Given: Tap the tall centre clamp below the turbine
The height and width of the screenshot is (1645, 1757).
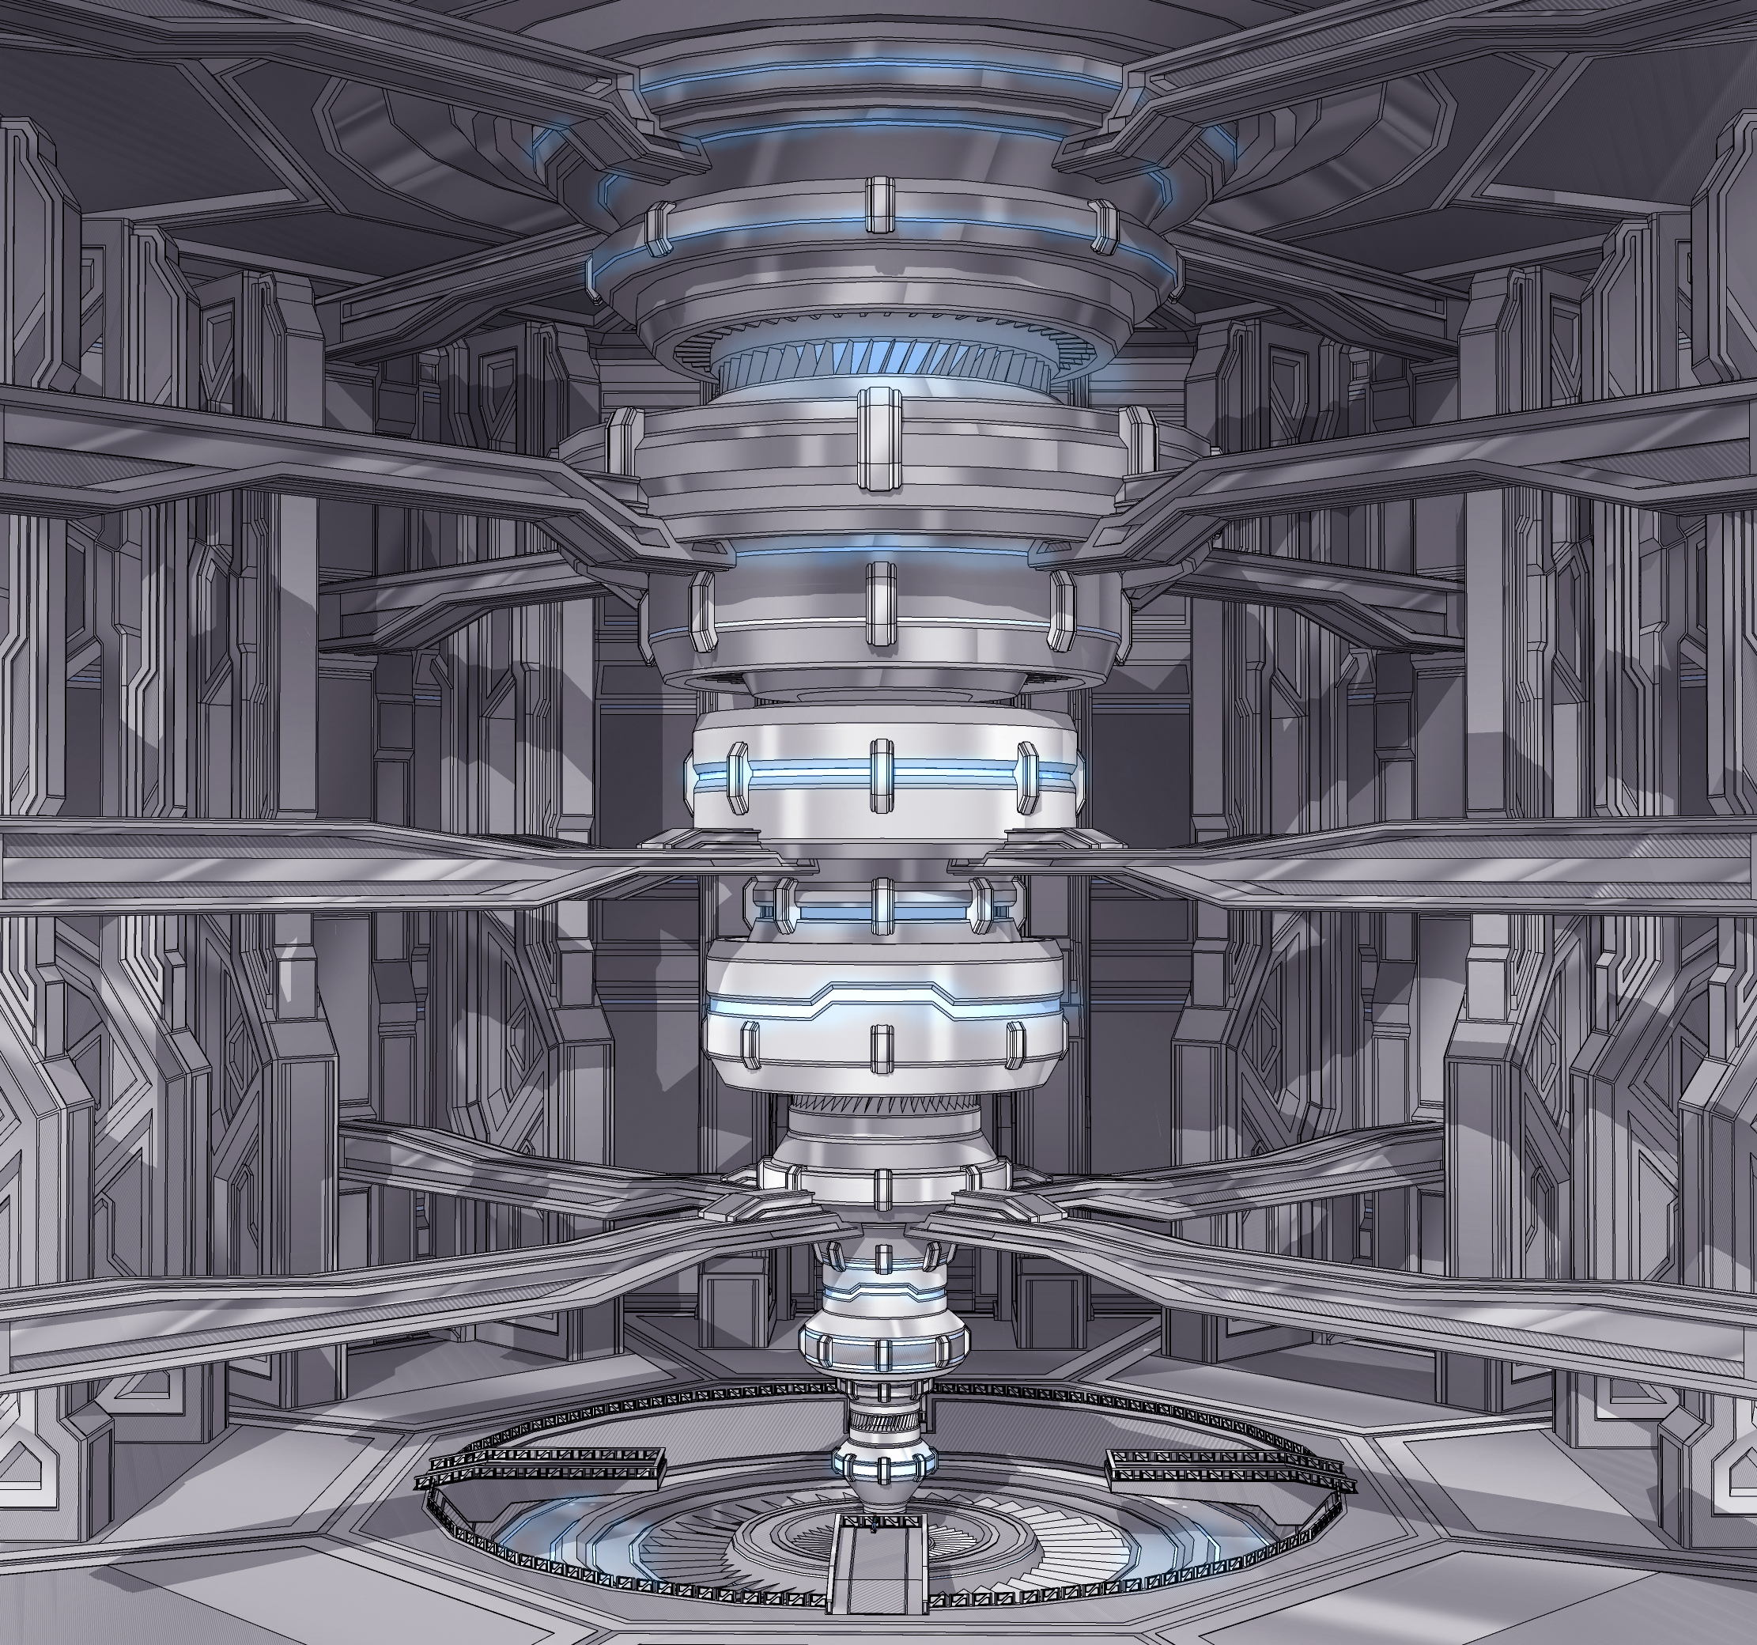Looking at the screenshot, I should [879, 439].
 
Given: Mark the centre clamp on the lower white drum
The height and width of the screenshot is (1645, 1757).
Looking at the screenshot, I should [880, 1047].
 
